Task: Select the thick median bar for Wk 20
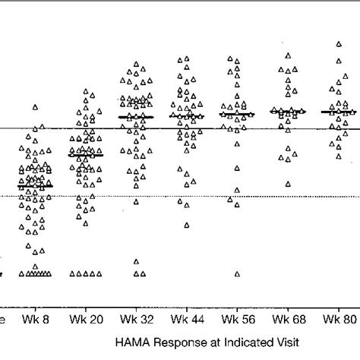tap(85, 155)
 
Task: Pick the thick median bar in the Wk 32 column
tap(136, 117)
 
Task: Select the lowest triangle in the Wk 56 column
tap(237, 274)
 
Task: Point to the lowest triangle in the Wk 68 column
tap(288, 184)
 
